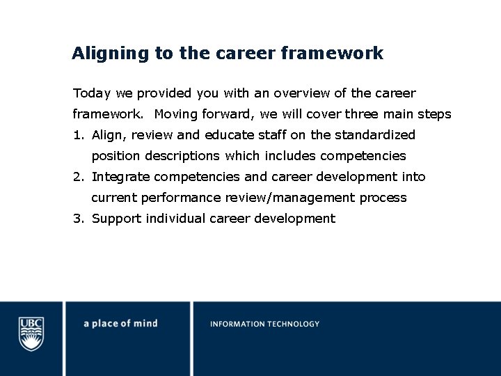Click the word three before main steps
click(x=361, y=114)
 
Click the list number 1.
click(x=77, y=135)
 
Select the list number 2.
click(x=77, y=177)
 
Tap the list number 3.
click(x=77, y=219)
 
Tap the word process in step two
click(x=383, y=198)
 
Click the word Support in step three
click(x=115, y=219)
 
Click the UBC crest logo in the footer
click(x=31, y=333)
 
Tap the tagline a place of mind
click(x=120, y=324)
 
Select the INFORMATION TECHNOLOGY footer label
click(x=264, y=324)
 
